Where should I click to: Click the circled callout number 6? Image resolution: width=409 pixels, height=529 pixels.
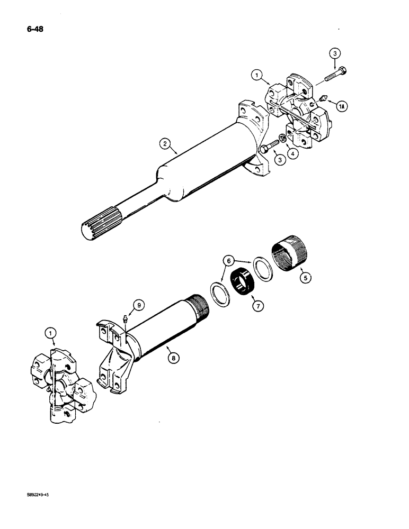click(229, 260)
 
